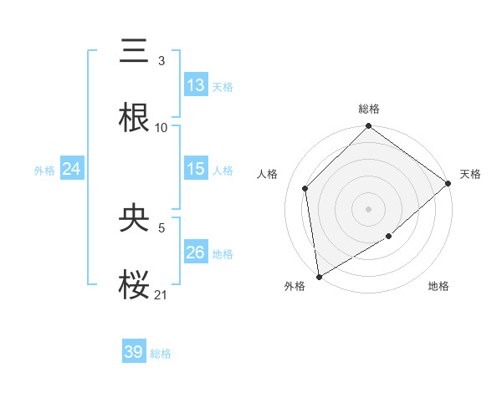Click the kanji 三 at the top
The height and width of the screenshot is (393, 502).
(135, 53)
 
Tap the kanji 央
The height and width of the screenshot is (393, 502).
(135, 218)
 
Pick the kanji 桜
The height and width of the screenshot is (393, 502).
(135, 284)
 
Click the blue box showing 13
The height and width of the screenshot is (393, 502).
(196, 85)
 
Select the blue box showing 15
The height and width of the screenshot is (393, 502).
(196, 169)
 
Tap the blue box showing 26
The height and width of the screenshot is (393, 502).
(196, 252)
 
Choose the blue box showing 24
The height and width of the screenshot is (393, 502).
(72, 169)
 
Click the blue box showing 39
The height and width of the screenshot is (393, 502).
(134, 352)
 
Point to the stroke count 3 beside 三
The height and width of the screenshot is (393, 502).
(161, 61)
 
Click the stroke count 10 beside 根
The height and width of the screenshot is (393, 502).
(161, 127)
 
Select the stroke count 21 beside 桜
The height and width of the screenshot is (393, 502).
(161, 293)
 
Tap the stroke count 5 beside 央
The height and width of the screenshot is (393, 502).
(161, 227)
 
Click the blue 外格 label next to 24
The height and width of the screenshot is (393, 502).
(44, 170)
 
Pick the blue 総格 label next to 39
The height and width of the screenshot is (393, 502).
(161, 354)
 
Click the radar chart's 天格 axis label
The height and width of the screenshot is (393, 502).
(470, 174)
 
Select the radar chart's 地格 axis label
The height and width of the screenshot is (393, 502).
(438, 287)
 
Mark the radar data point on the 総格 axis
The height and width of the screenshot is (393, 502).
(368, 127)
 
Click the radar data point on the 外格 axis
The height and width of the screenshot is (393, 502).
(319, 276)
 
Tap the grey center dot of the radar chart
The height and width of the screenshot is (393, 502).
(368, 208)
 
